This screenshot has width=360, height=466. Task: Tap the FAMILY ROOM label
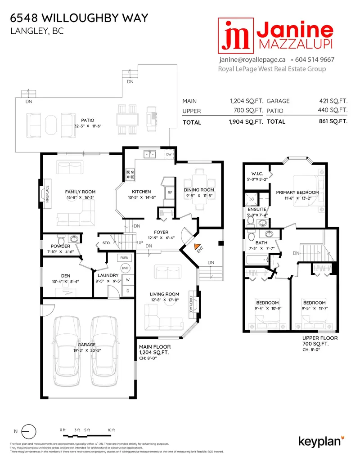[80, 192]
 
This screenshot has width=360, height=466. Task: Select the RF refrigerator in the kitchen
[170, 193]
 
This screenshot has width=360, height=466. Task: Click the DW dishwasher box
[169, 155]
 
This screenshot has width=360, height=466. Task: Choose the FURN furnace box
[125, 258]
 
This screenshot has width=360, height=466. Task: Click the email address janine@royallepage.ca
[252, 59]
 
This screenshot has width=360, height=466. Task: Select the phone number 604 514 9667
[315, 59]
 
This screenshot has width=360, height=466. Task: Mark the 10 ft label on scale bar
[111, 430]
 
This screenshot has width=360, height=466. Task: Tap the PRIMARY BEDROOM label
[297, 193]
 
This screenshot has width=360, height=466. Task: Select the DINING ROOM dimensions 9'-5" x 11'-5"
[198, 197]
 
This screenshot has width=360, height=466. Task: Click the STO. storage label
[106, 243]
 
